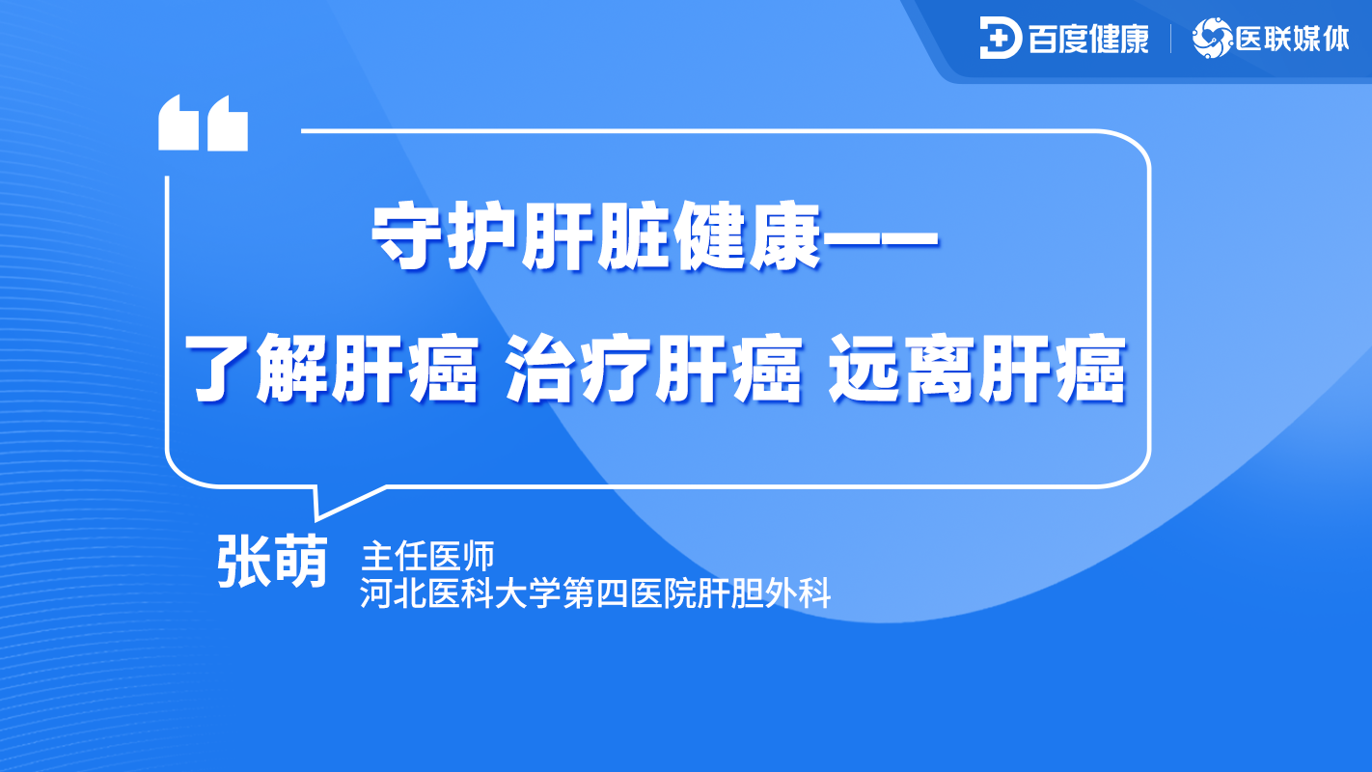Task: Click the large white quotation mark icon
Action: (203, 123)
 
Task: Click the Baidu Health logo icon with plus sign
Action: (1000, 38)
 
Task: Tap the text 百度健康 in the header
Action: (1088, 38)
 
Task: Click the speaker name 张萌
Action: (273, 561)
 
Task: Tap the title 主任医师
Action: (427, 557)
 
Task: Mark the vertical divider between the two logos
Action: (1170, 39)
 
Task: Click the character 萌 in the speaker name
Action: (300, 561)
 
